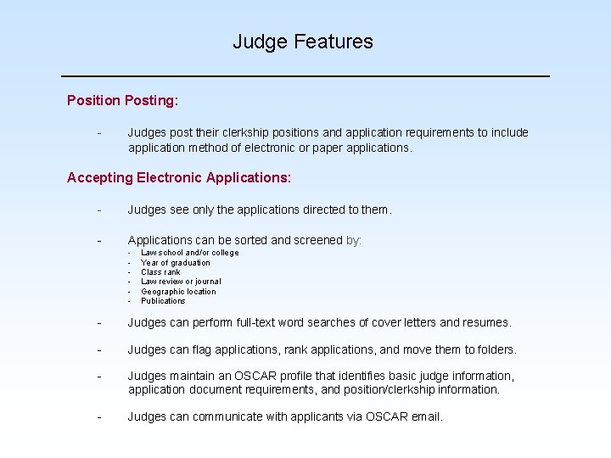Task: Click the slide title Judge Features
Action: click(303, 42)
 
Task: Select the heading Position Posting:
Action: click(122, 100)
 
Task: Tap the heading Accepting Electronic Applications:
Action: click(178, 177)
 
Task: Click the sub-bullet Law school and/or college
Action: click(189, 253)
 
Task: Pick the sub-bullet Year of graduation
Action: click(175, 263)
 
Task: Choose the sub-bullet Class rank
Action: click(160, 272)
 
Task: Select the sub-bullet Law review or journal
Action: click(181, 282)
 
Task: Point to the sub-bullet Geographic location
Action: click(178, 292)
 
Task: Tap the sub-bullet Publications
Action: click(163, 301)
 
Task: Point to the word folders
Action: click(495, 349)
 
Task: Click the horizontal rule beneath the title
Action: click(305, 76)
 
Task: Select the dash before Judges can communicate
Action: click(99, 416)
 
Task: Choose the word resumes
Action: click(485, 322)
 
